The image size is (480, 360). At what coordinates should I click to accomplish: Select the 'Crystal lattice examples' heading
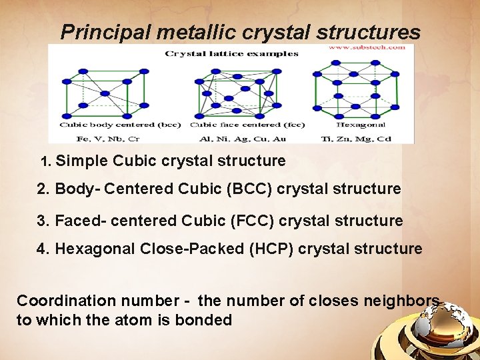pyautogui.click(x=232, y=54)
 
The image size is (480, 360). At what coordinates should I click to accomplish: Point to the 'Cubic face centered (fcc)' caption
pyautogui.click(x=247, y=125)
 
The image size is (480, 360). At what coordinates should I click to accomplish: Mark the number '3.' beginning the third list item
pyautogui.click(x=43, y=221)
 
